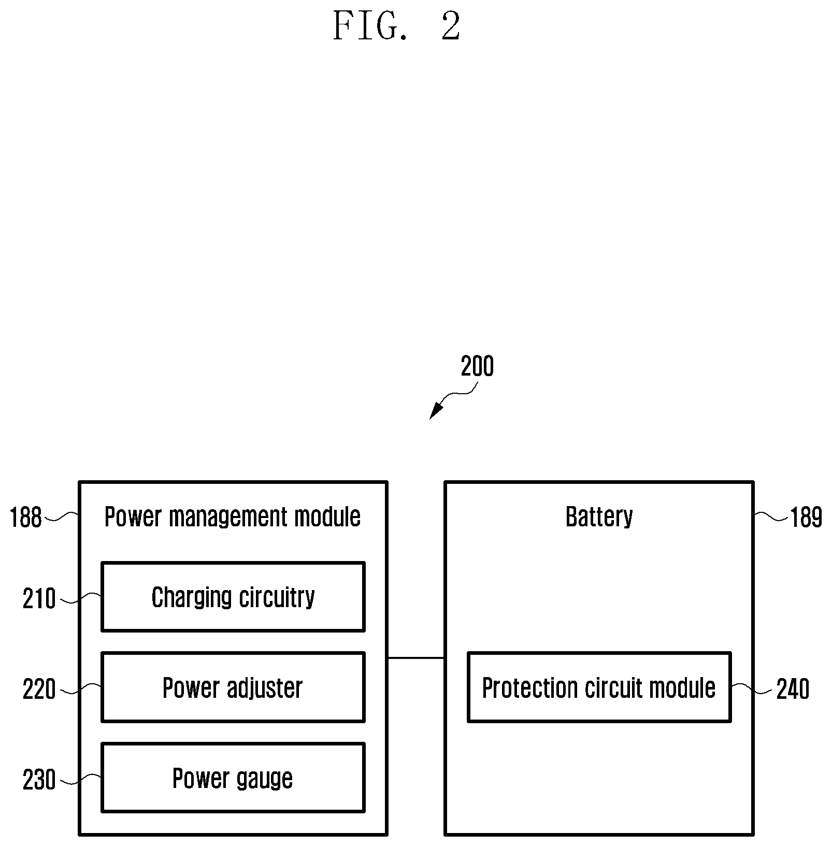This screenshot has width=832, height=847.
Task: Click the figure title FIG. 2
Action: tap(396, 26)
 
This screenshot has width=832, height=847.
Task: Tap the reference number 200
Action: tap(477, 366)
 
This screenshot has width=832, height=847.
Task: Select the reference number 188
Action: tap(26, 517)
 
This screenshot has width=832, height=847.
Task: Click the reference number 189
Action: tap(806, 517)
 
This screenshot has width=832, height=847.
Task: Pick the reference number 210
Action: tap(39, 599)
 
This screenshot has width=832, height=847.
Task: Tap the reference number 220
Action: tap(39, 690)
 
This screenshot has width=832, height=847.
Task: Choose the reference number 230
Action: tap(39, 780)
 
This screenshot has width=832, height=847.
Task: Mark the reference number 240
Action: tap(793, 690)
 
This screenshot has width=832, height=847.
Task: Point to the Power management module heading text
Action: tap(233, 517)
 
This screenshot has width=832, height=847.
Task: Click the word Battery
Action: tap(599, 517)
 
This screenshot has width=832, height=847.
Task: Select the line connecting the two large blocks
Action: tap(416, 658)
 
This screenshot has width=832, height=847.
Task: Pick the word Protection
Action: tap(530, 688)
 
